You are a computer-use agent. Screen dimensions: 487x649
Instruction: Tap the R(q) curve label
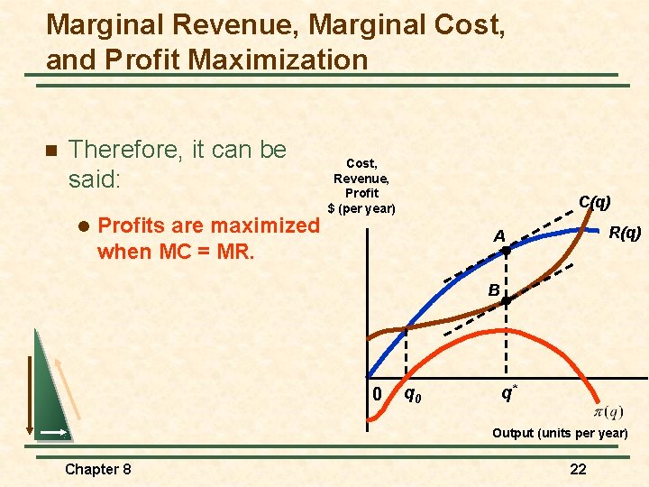pyautogui.click(x=625, y=233)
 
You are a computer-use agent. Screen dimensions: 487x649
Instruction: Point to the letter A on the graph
pyautogui.click(x=498, y=236)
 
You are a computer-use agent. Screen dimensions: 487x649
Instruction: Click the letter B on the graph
pyautogui.click(x=494, y=289)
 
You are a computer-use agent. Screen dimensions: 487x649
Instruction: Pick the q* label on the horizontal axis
pyautogui.click(x=509, y=392)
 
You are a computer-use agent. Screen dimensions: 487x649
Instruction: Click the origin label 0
pyautogui.click(x=378, y=394)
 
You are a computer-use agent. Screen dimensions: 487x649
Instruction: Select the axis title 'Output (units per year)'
pyautogui.click(x=560, y=434)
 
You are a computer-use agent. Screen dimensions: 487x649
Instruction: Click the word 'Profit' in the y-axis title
pyautogui.click(x=361, y=193)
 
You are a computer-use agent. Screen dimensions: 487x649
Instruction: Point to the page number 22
pyautogui.click(x=578, y=468)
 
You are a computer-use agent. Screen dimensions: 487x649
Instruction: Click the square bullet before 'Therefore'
pyautogui.click(x=50, y=150)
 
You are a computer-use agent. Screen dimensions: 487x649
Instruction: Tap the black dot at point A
pyautogui.click(x=506, y=253)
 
